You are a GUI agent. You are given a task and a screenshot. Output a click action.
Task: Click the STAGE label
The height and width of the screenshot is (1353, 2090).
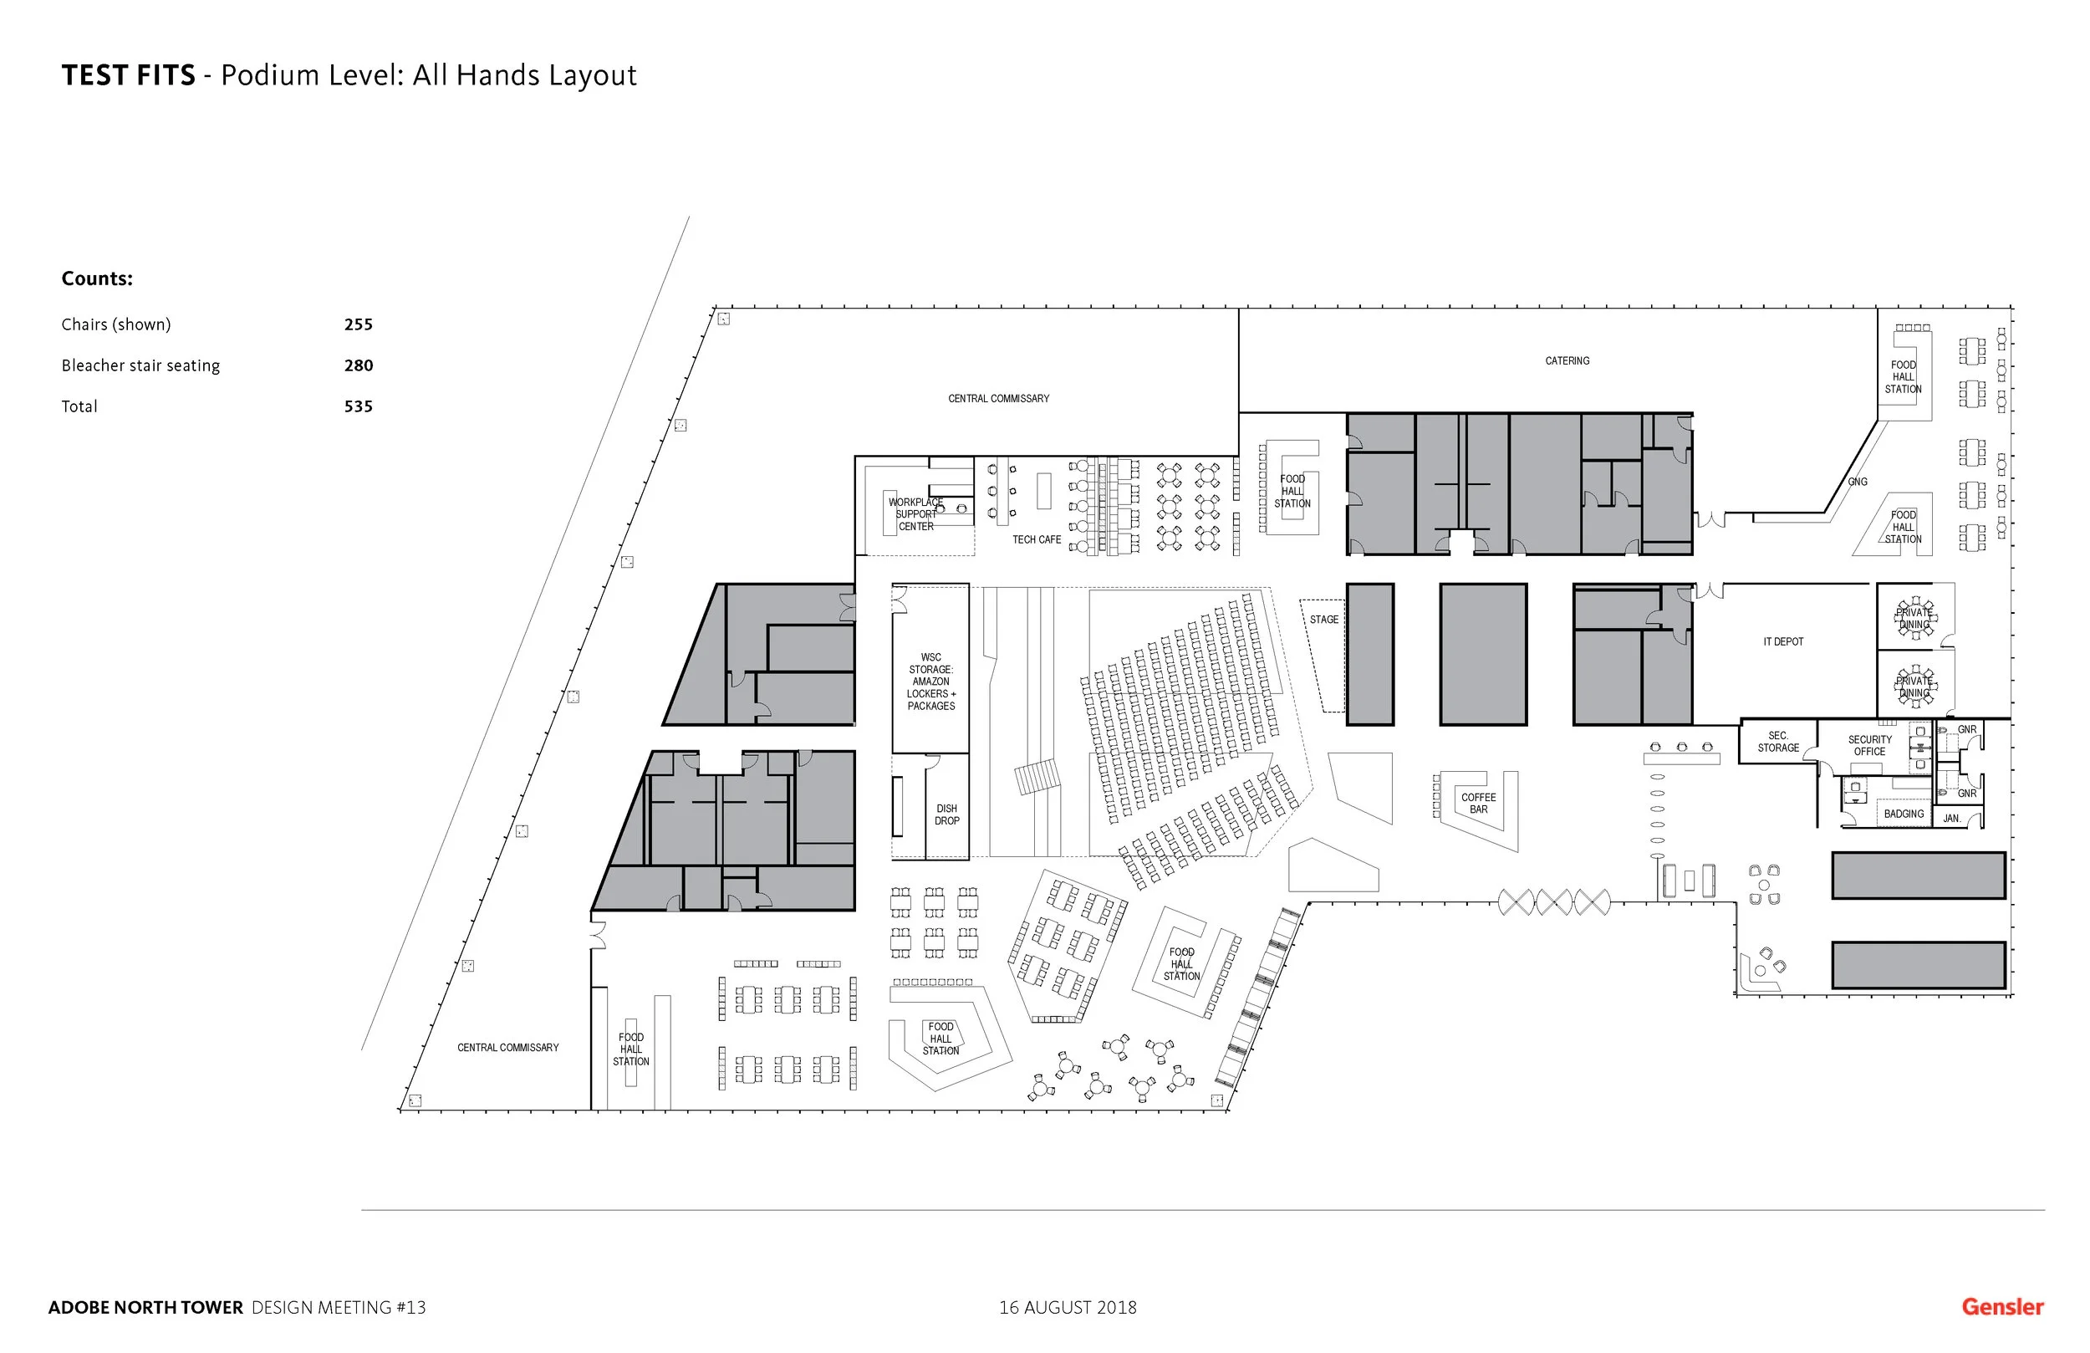[1323, 620]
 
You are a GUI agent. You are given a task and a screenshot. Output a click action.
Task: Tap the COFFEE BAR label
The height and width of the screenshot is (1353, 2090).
[1478, 803]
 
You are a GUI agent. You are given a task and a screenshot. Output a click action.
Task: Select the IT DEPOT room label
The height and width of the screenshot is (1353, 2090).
[1782, 641]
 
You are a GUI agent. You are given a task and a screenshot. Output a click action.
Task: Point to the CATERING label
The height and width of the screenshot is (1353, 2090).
[1567, 360]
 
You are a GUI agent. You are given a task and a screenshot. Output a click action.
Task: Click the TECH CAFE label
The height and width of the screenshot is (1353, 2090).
[1036, 539]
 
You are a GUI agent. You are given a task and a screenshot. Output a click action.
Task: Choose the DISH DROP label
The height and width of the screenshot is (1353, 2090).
[946, 814]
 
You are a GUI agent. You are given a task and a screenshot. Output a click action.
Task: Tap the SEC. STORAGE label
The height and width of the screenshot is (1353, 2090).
[1777, 742]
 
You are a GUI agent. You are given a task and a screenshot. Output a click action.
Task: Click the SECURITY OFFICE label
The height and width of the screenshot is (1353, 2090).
[1869, 745]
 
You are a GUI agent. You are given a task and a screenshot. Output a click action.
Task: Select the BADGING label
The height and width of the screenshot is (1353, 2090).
[1903, 814]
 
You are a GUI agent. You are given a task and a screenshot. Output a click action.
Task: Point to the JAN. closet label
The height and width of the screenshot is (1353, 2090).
[1951, 818]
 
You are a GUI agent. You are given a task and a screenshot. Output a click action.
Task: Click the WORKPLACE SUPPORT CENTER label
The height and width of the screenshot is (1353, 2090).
[915, 514]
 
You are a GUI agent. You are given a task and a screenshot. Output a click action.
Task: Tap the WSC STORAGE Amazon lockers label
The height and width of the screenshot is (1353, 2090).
[930, 681]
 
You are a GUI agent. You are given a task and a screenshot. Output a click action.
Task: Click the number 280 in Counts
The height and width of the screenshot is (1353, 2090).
[359, 365]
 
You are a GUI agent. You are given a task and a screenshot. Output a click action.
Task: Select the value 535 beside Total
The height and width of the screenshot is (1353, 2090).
[359, 406]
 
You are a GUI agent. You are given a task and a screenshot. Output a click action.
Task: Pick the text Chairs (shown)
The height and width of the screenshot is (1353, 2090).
[116, 324]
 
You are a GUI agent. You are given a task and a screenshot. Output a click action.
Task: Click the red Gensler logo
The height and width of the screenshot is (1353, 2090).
[2002, 1306]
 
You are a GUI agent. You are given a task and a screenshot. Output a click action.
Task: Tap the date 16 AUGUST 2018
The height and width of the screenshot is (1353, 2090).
[1067, 1307]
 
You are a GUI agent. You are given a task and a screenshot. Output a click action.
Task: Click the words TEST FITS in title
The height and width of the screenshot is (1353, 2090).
[128, 75]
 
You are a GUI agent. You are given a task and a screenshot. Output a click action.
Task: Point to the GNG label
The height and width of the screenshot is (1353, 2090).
[1857, 482]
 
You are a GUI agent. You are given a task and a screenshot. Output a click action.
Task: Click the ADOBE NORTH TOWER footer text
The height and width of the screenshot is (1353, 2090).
[145, 1307]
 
